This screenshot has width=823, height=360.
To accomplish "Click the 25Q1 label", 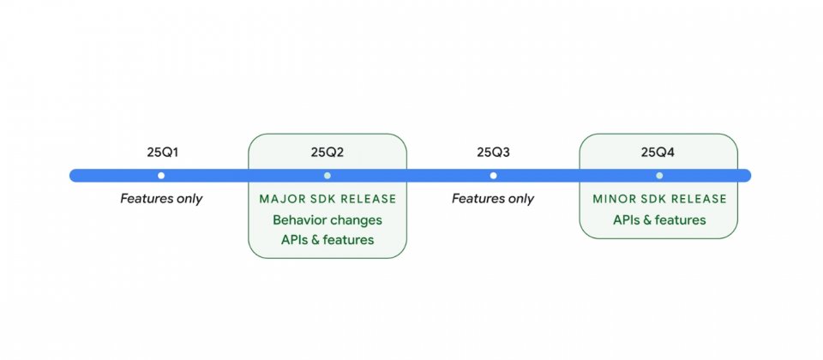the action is (163, 153).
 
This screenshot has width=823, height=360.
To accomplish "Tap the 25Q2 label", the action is (327, 153).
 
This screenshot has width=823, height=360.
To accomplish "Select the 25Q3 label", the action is (494, 153).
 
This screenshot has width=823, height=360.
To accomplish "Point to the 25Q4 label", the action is (658, 153).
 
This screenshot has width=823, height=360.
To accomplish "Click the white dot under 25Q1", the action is (161, 175).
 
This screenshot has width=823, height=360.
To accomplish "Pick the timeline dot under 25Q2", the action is (327, 175).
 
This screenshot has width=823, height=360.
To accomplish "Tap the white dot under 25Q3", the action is (494, 175).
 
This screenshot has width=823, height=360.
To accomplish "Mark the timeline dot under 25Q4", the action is (659, 175).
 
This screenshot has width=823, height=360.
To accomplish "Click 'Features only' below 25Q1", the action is (161, 199).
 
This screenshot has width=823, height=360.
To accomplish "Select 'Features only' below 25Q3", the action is (493, 199).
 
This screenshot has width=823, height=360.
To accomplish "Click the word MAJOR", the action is (278, 200).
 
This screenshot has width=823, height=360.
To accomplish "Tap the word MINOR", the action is (611, 200).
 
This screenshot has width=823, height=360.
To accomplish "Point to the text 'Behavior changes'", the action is (327, 219).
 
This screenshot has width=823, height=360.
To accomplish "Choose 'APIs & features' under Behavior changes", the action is (327, 240).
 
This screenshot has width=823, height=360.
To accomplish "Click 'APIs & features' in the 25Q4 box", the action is (659, 219).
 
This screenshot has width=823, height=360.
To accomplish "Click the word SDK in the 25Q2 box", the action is (316, 200).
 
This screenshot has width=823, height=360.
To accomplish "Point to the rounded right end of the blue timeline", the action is (747, 175).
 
